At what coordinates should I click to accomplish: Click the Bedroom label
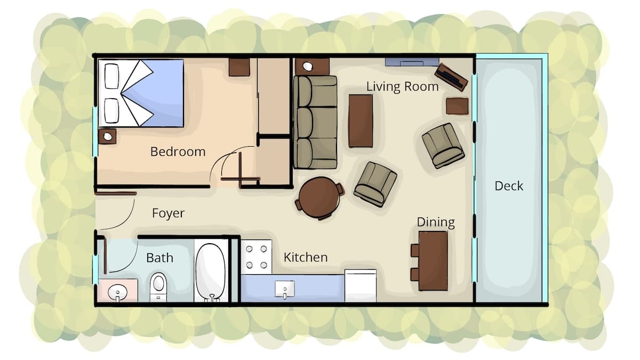click(x=178, y=151)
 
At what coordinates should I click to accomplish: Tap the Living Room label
click(x=402, y=86)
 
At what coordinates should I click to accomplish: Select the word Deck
click(x=509, y=186)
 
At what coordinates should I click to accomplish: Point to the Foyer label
click(x=169, y=213)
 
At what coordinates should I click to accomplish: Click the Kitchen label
click(x=306, y=258)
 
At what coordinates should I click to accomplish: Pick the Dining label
click(x=436, y=222)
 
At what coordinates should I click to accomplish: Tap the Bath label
click(x=159, y=258)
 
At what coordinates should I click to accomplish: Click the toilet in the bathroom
click(x=158, y=287)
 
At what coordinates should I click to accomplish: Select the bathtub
click(x=211, y=273)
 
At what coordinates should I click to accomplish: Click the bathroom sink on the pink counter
click(x=117, y=292)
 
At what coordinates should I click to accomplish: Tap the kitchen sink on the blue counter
click(x=285, y=289)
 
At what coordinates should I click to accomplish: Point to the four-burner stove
click(x=257, y=257)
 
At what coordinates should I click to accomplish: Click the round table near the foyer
click(x=319, y=198)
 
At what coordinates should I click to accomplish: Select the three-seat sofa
click(x=315, y=122)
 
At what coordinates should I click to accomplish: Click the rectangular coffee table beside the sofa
click(x=361, y=121)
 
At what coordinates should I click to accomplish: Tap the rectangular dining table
click(x=433, y=261)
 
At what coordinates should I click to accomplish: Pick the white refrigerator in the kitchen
click(x=361, y=285)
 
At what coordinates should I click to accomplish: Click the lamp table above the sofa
click(x=312, y=67)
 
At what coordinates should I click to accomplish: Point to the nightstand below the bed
click(x=107, y=137)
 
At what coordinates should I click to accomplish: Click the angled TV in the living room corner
click(x=451, y=77)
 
